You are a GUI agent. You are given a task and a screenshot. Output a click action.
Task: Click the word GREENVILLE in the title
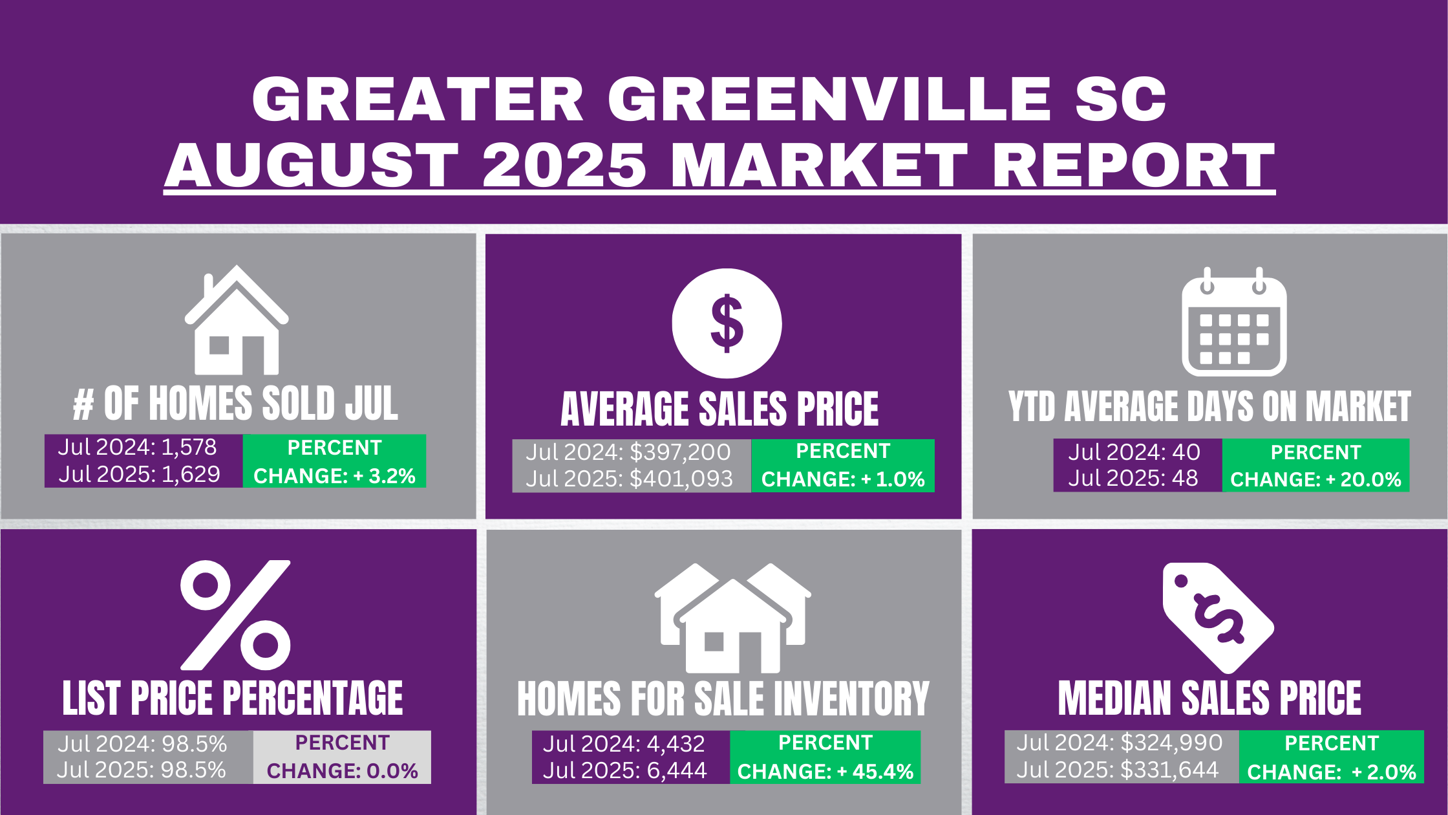(x=829, y=99)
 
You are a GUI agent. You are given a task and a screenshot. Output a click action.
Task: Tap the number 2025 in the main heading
(x=564, y=165)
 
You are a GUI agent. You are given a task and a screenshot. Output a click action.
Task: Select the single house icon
(x=237, y=320)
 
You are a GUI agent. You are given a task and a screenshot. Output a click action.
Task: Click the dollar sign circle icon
(x=727, y=323)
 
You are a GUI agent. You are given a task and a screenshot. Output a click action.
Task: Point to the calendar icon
(x=1234, y=321)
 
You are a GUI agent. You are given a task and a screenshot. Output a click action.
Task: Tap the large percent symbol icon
(x=235, y=615)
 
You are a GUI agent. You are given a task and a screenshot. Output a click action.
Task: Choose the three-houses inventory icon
(x=732, y=618)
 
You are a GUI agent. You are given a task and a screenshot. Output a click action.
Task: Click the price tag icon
(x=1218, y=618)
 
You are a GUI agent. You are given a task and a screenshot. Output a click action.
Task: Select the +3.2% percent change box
(x=334, y=461)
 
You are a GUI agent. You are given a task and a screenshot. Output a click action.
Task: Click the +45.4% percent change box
(x=825, y=757)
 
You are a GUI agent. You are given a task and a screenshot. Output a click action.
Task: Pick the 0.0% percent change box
(x=342, y=757)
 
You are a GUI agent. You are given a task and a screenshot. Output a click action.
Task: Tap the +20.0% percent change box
(x=1315, y=466)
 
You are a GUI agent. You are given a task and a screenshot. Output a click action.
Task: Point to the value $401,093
(x=681, y=479)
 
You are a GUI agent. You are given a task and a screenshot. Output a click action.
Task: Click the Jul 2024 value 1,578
(x=189, y=447)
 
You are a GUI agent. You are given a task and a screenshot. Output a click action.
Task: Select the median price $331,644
(x=1169, y=770)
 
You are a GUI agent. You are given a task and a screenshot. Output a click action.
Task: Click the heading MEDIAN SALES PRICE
(x=1209, y=699)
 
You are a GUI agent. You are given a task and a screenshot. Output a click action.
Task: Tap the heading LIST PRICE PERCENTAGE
(x=233, y=699)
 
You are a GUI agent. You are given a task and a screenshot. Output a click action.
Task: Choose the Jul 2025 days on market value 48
(x=1185, y=478)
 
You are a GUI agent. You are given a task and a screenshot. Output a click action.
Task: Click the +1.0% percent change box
(x=843, y=466)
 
